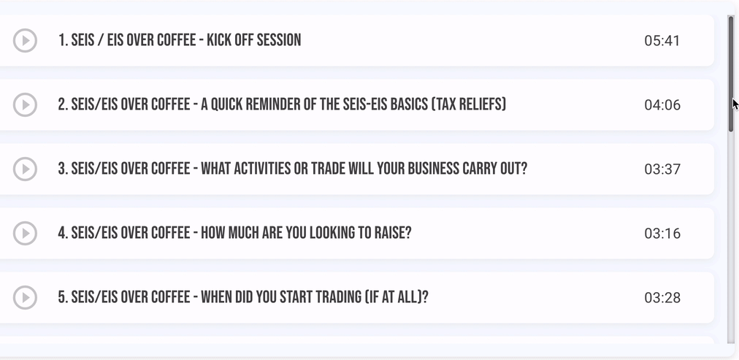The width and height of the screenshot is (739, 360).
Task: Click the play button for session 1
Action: pyautogui.click(x=25, y=40)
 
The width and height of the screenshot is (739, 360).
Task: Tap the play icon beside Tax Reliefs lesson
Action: pyautogui.click(x=25, y=104)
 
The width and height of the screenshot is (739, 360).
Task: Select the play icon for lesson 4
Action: pyautogui.click(x=25, y=233)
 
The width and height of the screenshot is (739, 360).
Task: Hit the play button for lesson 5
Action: pyautogui.click(x=25, y=297)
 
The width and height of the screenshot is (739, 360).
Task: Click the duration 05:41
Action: pyautogui.click(x=662, y=40)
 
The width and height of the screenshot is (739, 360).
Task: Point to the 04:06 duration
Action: pyautogui.click(x=662, y=104)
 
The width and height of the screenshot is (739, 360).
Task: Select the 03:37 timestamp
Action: pyautogui.click(x=662, y=169)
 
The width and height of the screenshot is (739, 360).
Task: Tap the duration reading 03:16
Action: pyautogui.click(x=662, y=233)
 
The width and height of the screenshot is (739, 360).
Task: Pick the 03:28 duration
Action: pyautogui.click(x=662, y=297)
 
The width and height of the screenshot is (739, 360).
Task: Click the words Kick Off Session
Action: pyautogui.click(x=253, y=40)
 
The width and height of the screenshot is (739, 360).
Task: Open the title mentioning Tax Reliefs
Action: pyautogui.click(x=282, y=104)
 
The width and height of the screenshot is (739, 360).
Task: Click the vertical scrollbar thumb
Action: pyautogui.click(x=731, y=74)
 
